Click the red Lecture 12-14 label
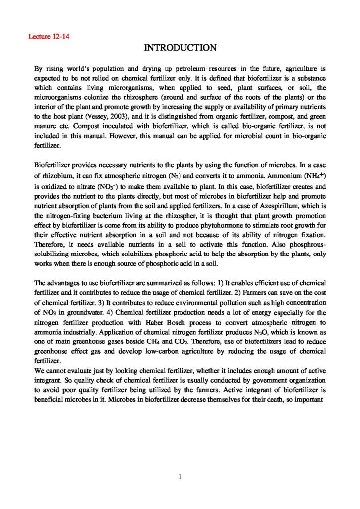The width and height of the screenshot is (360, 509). click(x=48, y=36)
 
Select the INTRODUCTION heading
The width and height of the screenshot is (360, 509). click(x=180, y=48)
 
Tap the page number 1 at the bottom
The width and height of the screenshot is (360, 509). click(x=180, y=477)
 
